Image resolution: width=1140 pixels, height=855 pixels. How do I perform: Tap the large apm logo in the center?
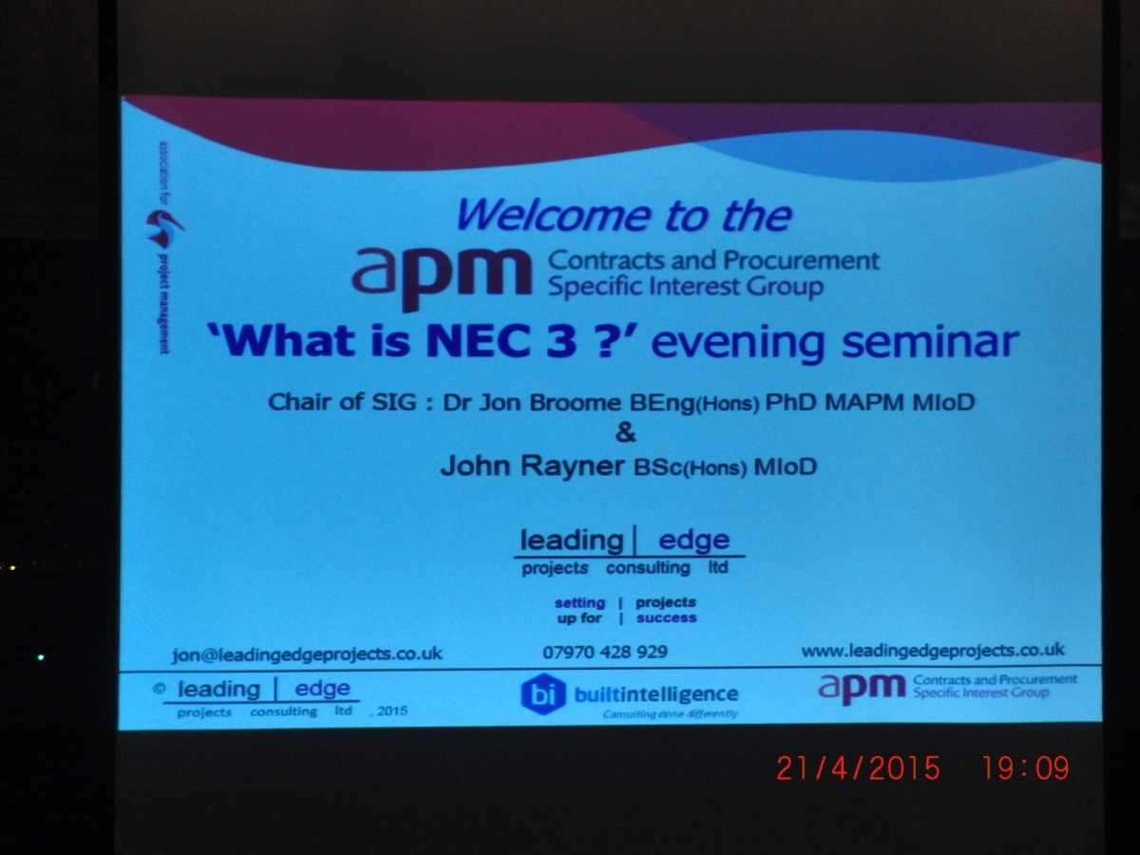(442, 278)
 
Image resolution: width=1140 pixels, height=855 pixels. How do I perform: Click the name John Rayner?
(532, 465)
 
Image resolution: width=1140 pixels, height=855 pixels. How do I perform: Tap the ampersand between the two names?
(625, 432)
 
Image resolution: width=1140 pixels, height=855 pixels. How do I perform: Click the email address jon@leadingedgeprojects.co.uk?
(307, 655)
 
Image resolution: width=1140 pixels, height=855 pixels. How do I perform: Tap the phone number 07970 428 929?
(605, 652)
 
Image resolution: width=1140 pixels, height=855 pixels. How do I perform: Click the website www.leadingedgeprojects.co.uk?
(933, 651)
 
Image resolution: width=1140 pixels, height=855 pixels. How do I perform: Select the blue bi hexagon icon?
(543, 693)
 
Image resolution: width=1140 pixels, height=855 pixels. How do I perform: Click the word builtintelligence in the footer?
(655, 693)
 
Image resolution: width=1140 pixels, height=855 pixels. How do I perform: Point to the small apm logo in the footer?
(862, 689)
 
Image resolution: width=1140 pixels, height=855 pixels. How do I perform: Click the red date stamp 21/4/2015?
(858, 769)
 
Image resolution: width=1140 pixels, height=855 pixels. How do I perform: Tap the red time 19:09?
(1025, 768)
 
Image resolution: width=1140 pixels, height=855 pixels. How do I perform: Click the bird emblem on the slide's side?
(163, 228)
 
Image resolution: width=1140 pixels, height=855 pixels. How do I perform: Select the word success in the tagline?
(666, 617)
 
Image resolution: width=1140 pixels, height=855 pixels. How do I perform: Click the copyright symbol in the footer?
(160, 689)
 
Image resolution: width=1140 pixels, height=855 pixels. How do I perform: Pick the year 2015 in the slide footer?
(392, 711)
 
